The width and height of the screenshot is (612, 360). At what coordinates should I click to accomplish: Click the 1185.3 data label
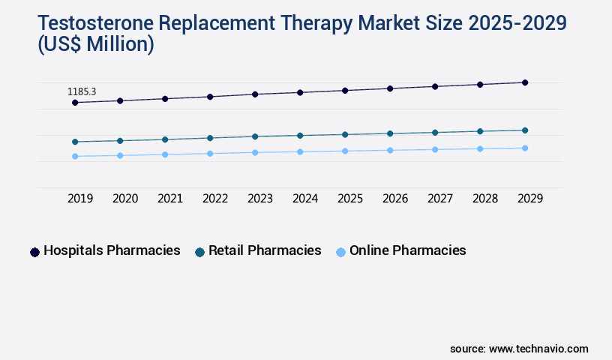[x=82, y=91]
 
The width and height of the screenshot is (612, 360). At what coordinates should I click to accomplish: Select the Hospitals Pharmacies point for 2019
[x=75, y=102]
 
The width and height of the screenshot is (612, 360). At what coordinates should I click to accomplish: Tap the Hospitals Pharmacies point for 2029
[x=525, y=82]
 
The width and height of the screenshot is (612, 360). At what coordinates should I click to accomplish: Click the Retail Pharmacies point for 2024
[x=300, y=136]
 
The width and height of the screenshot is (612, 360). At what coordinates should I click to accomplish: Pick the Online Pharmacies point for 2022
[x=210, y=154]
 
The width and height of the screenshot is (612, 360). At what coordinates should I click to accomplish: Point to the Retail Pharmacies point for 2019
[x=75, y=142]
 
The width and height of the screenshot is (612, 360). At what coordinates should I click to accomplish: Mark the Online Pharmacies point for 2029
[x=525, y=148]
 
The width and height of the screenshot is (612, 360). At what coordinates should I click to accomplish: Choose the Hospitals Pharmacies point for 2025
[x=345, y=91]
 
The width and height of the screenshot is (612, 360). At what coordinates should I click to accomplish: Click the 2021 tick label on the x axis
[x=170, y=199]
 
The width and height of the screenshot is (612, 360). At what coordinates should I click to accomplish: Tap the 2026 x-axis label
[x=395, y=199]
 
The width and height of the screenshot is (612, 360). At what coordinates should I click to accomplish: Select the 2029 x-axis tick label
[x=530, y=199]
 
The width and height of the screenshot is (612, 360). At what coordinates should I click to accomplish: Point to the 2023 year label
[x=260, y=199]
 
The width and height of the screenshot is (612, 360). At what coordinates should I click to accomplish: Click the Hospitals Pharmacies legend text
[x=112, y=250]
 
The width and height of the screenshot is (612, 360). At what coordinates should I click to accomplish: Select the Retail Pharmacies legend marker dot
[x=199, y=252]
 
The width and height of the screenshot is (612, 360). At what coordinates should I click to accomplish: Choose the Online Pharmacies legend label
[x=407, y=250]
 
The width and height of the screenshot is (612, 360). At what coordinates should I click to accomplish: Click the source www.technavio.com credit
[x=519, y=349]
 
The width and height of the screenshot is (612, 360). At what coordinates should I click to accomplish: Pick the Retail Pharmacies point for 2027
[x=435, y=133]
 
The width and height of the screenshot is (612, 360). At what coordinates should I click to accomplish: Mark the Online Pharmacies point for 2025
[x=345, y=151]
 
